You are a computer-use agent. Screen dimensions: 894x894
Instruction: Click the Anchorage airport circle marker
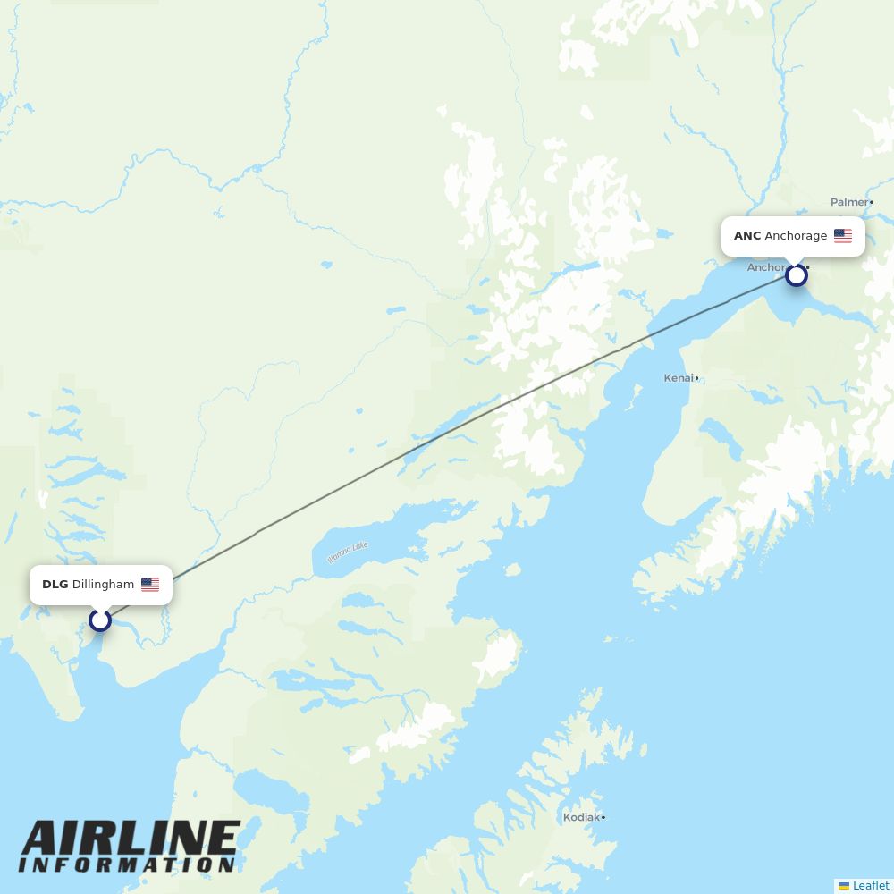pos(797,274)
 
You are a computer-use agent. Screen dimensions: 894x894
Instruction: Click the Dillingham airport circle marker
pos(100,620)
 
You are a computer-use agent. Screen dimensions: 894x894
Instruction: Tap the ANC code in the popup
pos(747,236)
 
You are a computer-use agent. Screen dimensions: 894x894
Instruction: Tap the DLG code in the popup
pos(55,585)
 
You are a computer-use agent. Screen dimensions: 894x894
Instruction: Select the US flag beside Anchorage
pos(843,236)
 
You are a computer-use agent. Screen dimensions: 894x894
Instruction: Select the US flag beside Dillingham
pos(150,585)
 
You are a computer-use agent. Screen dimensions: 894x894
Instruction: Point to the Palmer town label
pos(849,203)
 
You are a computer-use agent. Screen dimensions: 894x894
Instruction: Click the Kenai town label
pos(678,378)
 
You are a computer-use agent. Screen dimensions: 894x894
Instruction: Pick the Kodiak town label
pos(580,817)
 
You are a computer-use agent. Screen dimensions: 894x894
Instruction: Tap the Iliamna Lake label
pos(347,552)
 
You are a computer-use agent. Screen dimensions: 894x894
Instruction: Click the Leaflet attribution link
pos(871,885)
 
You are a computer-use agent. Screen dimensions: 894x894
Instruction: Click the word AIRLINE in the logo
pos(130,839)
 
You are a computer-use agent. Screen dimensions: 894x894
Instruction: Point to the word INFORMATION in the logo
pos(127,864)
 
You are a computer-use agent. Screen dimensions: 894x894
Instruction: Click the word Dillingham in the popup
pos(103,585)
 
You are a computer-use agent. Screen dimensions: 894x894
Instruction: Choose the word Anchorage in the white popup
pos(796,236)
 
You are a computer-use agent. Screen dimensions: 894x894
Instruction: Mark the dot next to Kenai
pos(697,379)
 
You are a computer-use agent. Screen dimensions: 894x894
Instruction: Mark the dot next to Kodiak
pos(603,817)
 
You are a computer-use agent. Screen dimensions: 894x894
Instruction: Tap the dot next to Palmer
pos(872,203)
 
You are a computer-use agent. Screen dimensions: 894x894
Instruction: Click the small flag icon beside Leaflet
pos(844,885)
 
